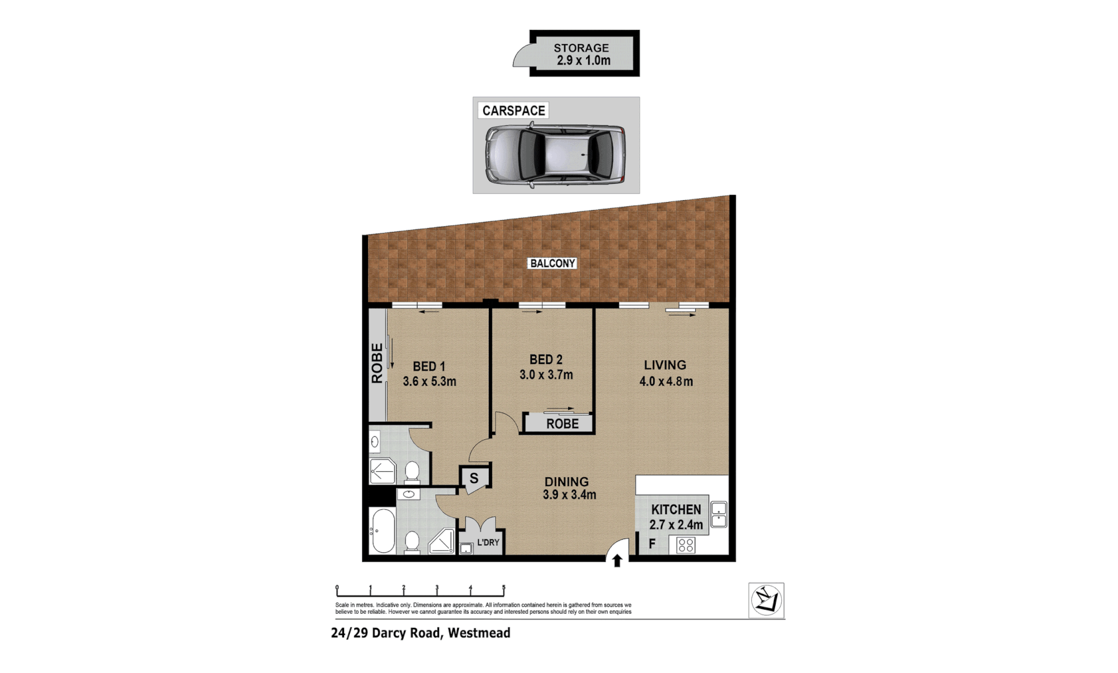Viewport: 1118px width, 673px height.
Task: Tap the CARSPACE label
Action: [513, 111]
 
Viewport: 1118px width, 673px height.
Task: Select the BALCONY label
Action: [552, 264]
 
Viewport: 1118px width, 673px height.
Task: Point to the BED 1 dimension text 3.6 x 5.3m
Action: [429, 381]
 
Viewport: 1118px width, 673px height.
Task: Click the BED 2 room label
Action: [546, 360]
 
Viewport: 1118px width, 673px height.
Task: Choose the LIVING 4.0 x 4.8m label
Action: [665, 373]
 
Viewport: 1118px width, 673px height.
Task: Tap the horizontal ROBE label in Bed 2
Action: [562, 424]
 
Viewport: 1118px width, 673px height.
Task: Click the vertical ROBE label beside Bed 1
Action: [377, 363]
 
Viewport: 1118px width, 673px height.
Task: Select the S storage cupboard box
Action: [474, 479]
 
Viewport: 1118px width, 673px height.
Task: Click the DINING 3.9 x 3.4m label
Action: [568, 488]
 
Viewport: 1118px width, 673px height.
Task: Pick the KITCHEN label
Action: [676, 510]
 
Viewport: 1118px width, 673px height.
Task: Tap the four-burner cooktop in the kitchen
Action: [686, 545]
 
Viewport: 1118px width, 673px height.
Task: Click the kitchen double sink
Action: [718, 515]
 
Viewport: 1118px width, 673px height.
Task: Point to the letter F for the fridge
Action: [652, 545]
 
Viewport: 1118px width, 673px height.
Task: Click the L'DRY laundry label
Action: [488, 543]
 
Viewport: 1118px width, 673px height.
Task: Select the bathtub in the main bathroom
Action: [382, 532]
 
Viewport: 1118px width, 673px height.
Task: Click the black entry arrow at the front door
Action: [617, 561]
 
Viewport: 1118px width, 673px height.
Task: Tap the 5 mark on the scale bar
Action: [503, 588]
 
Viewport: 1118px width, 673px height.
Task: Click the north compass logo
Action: [766, 601]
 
